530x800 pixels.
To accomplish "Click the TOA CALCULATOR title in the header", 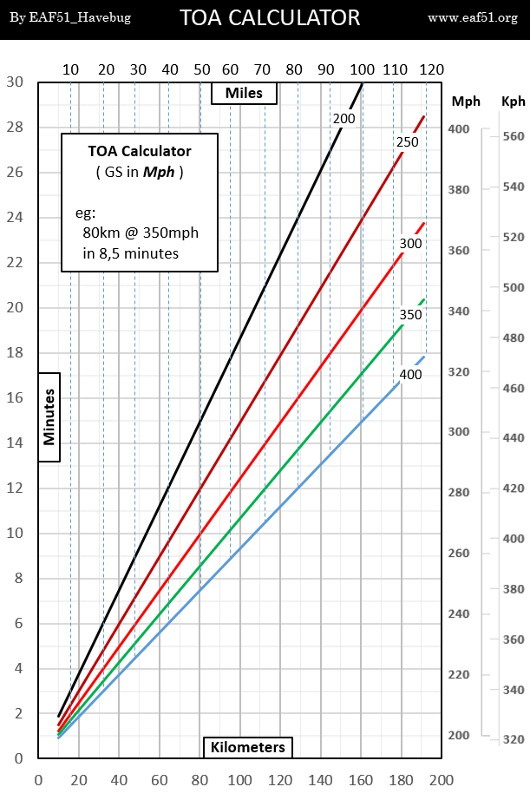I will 269,16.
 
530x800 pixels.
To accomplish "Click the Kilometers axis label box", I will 248,746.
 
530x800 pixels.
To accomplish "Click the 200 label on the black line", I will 344,118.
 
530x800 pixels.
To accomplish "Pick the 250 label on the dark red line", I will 408,142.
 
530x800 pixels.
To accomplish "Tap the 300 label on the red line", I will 410,245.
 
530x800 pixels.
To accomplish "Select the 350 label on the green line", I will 410,314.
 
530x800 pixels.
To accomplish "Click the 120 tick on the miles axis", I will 431,70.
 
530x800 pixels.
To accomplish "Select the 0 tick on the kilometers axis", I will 38,778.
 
